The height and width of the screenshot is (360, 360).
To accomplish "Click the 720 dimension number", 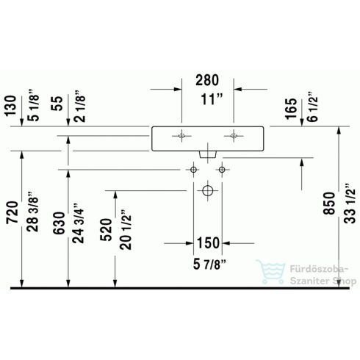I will [x=11, y=213].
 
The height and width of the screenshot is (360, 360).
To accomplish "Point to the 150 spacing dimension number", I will [x=207, y=243].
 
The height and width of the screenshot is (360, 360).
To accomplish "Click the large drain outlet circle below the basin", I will [x=206, y=191].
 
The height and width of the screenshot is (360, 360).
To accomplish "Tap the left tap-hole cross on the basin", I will [x=181, y=135].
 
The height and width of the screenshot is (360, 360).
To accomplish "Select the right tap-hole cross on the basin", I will [x=234, y=135].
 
